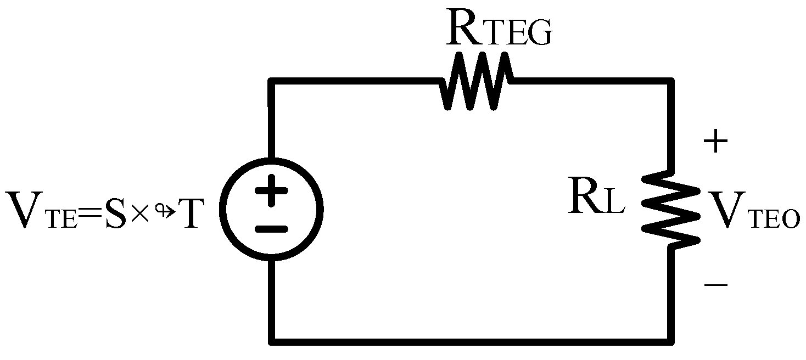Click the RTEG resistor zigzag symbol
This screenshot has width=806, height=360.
point(477,81)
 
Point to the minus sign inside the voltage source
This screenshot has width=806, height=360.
point(271,228)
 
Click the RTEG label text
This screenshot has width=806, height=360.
point(499,32)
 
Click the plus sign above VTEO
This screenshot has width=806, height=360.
point(715,143)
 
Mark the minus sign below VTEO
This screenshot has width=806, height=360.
point(715,285)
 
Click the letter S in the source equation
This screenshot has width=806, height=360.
point(115,212)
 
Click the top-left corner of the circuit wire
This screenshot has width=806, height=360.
point(271,81)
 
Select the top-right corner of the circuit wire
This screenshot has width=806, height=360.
point(671,81)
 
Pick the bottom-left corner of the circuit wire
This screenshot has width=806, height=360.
point(271,341)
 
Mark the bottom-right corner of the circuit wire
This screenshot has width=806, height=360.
point(671,341)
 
